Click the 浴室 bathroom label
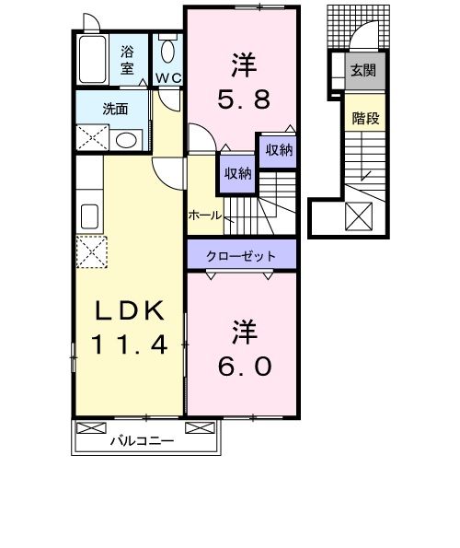point(127,58)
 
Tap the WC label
point(167,78)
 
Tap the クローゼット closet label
point(242,251)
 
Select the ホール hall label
point(203,215)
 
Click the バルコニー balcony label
point(143,439)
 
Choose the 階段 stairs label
point(362,117)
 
